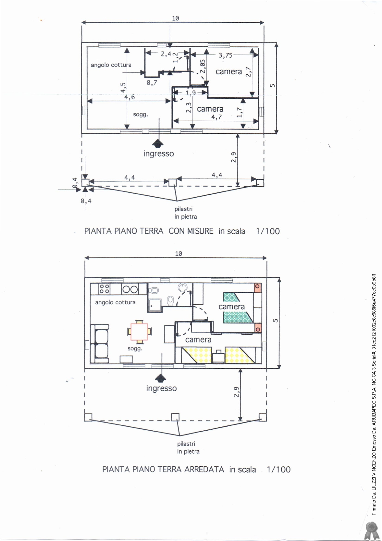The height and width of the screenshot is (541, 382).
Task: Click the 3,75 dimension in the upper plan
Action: point(226,55)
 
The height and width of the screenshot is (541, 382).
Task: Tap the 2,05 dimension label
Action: point(202,66)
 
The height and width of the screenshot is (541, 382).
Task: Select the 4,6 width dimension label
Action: point(129,97)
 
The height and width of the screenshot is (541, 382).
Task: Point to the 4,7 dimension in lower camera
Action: point(216,117)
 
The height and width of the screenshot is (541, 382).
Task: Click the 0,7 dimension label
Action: point(152,83)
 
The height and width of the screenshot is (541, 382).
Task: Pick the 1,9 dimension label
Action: point(190,93)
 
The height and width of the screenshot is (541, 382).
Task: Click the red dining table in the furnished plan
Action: point(139,332)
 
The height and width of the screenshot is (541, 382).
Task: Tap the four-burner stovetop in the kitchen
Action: point(104,289)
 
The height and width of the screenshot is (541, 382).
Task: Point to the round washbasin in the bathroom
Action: point(183,288)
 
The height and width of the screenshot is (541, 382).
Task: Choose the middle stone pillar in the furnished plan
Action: point(175,417)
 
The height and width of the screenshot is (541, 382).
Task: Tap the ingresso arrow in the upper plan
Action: point(158,143)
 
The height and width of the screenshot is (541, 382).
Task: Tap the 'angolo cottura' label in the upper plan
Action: point(111,65)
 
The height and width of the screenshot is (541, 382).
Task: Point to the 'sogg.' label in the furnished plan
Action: point(135,349)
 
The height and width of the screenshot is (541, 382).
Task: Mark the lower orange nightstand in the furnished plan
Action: point(258,328)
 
